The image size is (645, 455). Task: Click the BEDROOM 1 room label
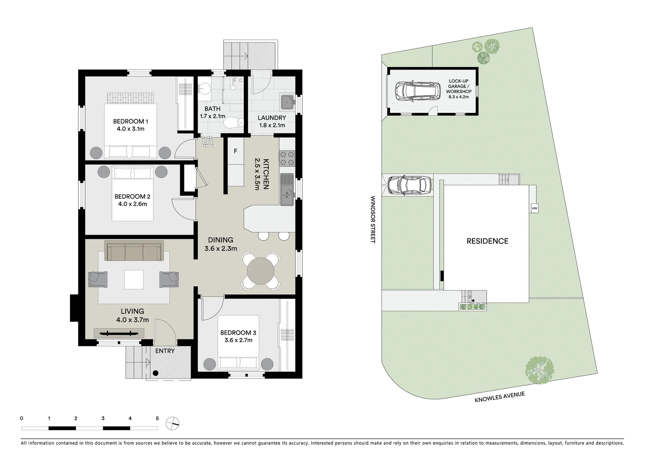(x=130, y=121)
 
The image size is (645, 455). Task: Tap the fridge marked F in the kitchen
(x=235, y=151)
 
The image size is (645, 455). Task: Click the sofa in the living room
(x=134, y=252)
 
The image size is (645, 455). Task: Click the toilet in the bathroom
(x=234, y=123)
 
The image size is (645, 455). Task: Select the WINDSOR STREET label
(x=372, y=219)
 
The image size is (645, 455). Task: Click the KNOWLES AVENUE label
(x=499, y=397)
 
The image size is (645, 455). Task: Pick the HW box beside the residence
(x=534, y=208)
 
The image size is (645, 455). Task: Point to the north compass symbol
(x=173, y=422)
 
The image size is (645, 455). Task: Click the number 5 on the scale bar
(x=157, y=418)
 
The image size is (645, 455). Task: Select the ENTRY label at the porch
(x=165, y=351)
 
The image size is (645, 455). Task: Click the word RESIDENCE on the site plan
(x=487, y=241)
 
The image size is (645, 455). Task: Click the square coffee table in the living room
(x=133, y=279)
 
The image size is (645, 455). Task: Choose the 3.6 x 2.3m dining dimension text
(x=221, y=249)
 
